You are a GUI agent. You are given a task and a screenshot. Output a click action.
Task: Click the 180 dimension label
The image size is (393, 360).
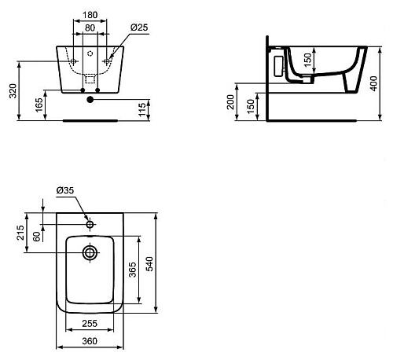pos(90,15)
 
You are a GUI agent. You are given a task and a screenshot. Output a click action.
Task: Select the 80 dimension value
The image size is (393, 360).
pos(90,28)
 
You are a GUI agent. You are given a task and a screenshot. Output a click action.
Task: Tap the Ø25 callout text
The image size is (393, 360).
pos(139,28)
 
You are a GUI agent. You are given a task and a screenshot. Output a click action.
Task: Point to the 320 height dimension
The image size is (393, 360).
pos(13,91)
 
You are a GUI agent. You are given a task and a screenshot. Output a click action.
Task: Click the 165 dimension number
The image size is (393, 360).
pos(39,105)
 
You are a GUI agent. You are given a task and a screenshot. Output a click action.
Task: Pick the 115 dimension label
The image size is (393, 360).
pos(141,110)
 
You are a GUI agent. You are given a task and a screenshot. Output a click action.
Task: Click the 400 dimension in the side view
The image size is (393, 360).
pos(374,83)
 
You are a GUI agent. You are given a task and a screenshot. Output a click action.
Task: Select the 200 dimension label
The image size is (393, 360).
pos(230,102)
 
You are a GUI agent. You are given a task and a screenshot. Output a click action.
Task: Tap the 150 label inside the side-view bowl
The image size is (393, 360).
pos(308,60)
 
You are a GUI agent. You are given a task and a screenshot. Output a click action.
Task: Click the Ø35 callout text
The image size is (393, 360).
pos(65,190)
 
